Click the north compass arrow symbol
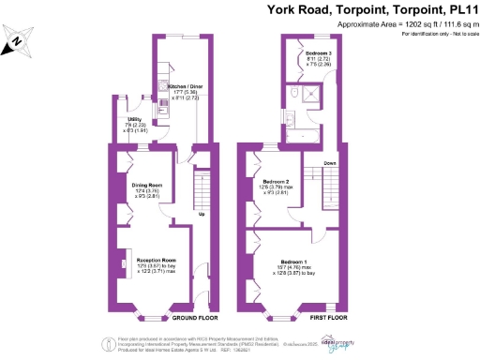(x=16, y=40)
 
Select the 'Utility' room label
(x=135, y=119)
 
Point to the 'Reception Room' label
(x=157, y=259)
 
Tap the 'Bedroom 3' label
(x=319, y=53)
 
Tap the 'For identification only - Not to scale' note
(x=439, y=33)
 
